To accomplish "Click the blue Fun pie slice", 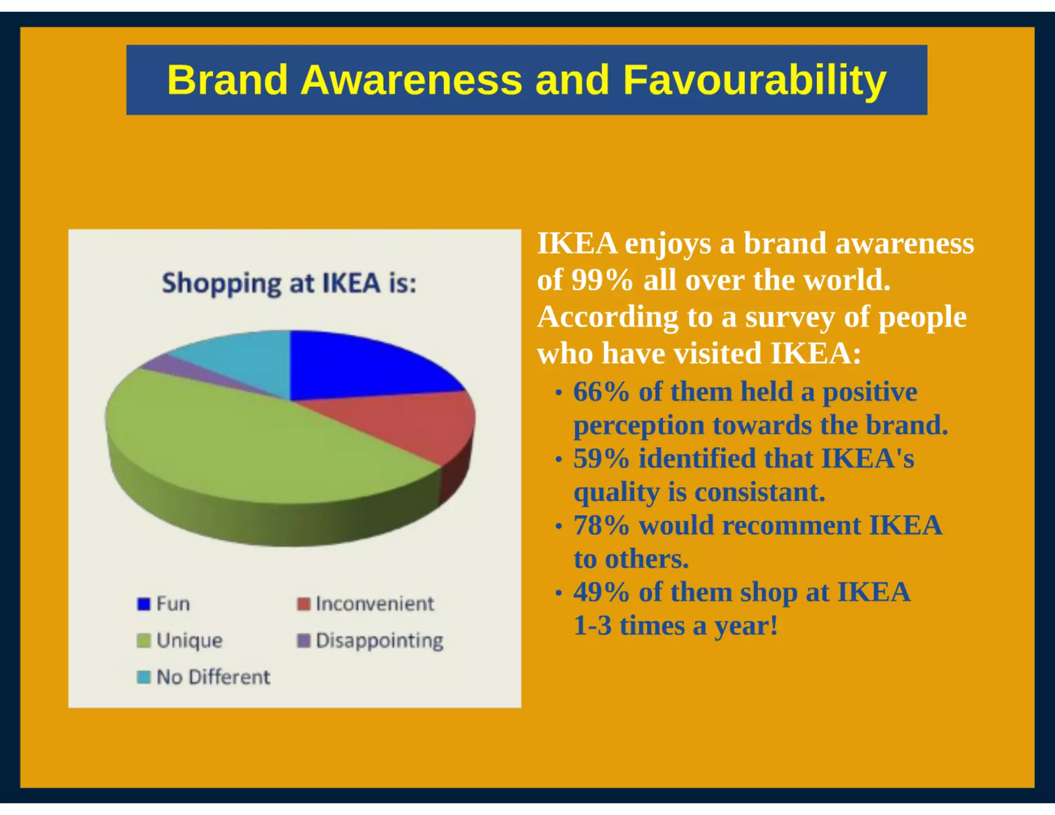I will (361, 366).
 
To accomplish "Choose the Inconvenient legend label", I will (375, 603).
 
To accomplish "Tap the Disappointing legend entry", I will (379, 640).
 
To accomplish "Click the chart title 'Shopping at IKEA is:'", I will (289, 283).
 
